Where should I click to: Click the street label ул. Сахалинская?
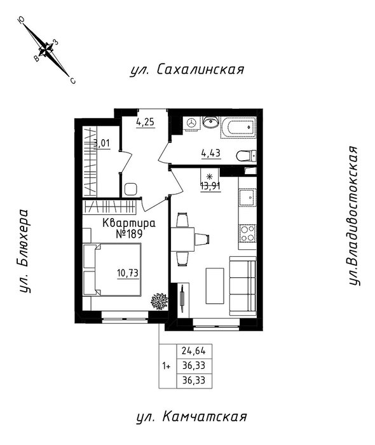(x=187, y=69)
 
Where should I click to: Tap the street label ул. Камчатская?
(x=191, y=417)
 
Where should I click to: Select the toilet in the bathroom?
(x=246, y=156)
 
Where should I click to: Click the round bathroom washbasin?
(x=210, y=123)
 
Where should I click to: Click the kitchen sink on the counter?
(x=248, y=197)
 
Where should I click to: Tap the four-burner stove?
(x=247, y=233)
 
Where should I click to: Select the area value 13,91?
(x=210, y=186)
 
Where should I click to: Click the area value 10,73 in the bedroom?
(x=128, y=273)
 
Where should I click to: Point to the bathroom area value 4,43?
(x=211, y=154)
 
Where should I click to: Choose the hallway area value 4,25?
(x=146, y=122)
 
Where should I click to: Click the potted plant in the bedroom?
(x=160, y=301)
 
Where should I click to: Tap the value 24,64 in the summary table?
(x=194, y=352)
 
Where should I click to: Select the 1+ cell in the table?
(x=167, y=366)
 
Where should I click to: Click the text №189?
(x=129, y=234)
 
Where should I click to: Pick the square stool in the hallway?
(x=130, y=189)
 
